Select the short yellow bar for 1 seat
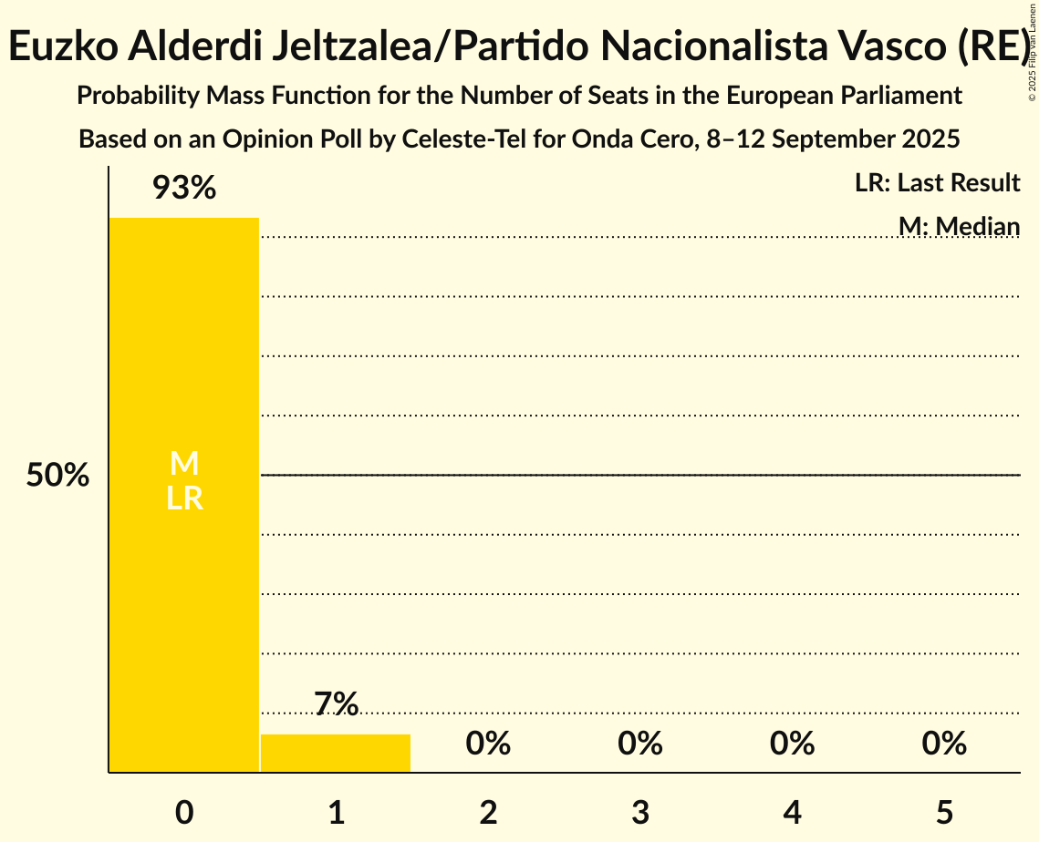point(336,754)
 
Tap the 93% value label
point(183,189)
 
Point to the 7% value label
point(336,703)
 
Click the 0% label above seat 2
point(488,744)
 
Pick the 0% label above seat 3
point(640,744)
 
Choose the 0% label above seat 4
point(792,744)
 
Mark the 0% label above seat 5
point(944,744)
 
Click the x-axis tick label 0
point(184,813)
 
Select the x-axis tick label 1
point(337,813)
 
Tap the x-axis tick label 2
point(488,813)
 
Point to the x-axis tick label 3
point(640,813)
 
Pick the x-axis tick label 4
point(792,813)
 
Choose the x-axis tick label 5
point(944,813)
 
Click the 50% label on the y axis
point(57,476)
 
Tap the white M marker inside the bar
point(184,464)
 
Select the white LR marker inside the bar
point(184,498)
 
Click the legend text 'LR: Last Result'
point(937,183)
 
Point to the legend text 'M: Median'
point(959,225)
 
